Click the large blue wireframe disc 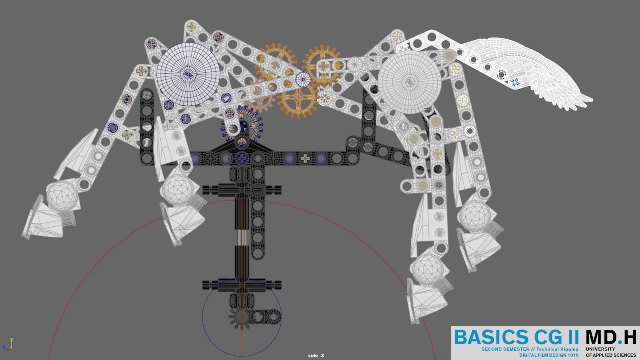(x=188, y=74)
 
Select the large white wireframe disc (x=409, y=82)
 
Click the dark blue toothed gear (x=242, y=125)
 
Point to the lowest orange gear (x=298, y=98)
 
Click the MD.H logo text (x=611, y=337)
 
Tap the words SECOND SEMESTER (x=505, y=349)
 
